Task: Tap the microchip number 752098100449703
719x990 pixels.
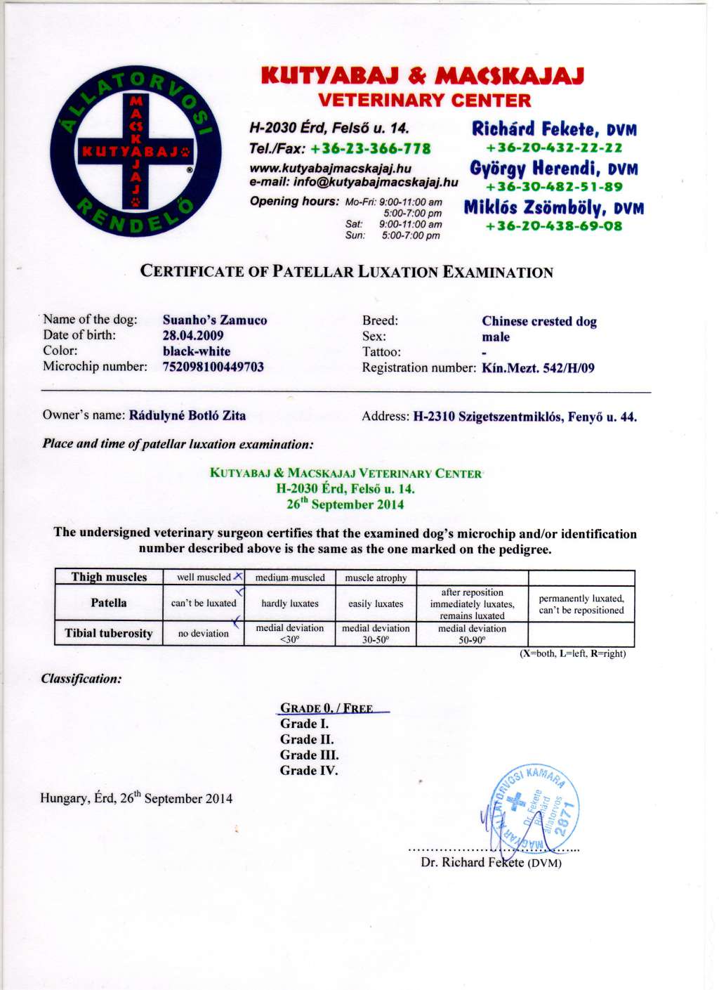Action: pos(213,367)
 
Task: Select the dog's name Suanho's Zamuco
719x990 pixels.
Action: pos(215,320)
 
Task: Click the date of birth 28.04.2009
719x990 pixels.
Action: pos(193,336)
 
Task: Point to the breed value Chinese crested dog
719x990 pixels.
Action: pos(539,321)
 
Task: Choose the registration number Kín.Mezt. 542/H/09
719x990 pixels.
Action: pos(538,367)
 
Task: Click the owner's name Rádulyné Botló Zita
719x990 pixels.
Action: pos(187,415)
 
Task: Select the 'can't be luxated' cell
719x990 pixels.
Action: pos(204,604)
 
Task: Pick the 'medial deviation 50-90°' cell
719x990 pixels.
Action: pos(472,634)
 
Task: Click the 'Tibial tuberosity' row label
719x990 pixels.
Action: pos(109,633)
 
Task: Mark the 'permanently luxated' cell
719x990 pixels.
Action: pos(581,604)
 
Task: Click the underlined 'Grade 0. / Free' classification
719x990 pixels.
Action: pos(326,708)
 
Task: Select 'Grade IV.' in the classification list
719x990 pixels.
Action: pos(309,771)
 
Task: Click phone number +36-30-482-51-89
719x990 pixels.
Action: pos(554,187)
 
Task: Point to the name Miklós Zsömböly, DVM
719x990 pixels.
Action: pos(553,208)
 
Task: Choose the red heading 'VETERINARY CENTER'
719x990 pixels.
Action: pos(424,100)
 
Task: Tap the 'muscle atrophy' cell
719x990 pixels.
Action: pos(376,578)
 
